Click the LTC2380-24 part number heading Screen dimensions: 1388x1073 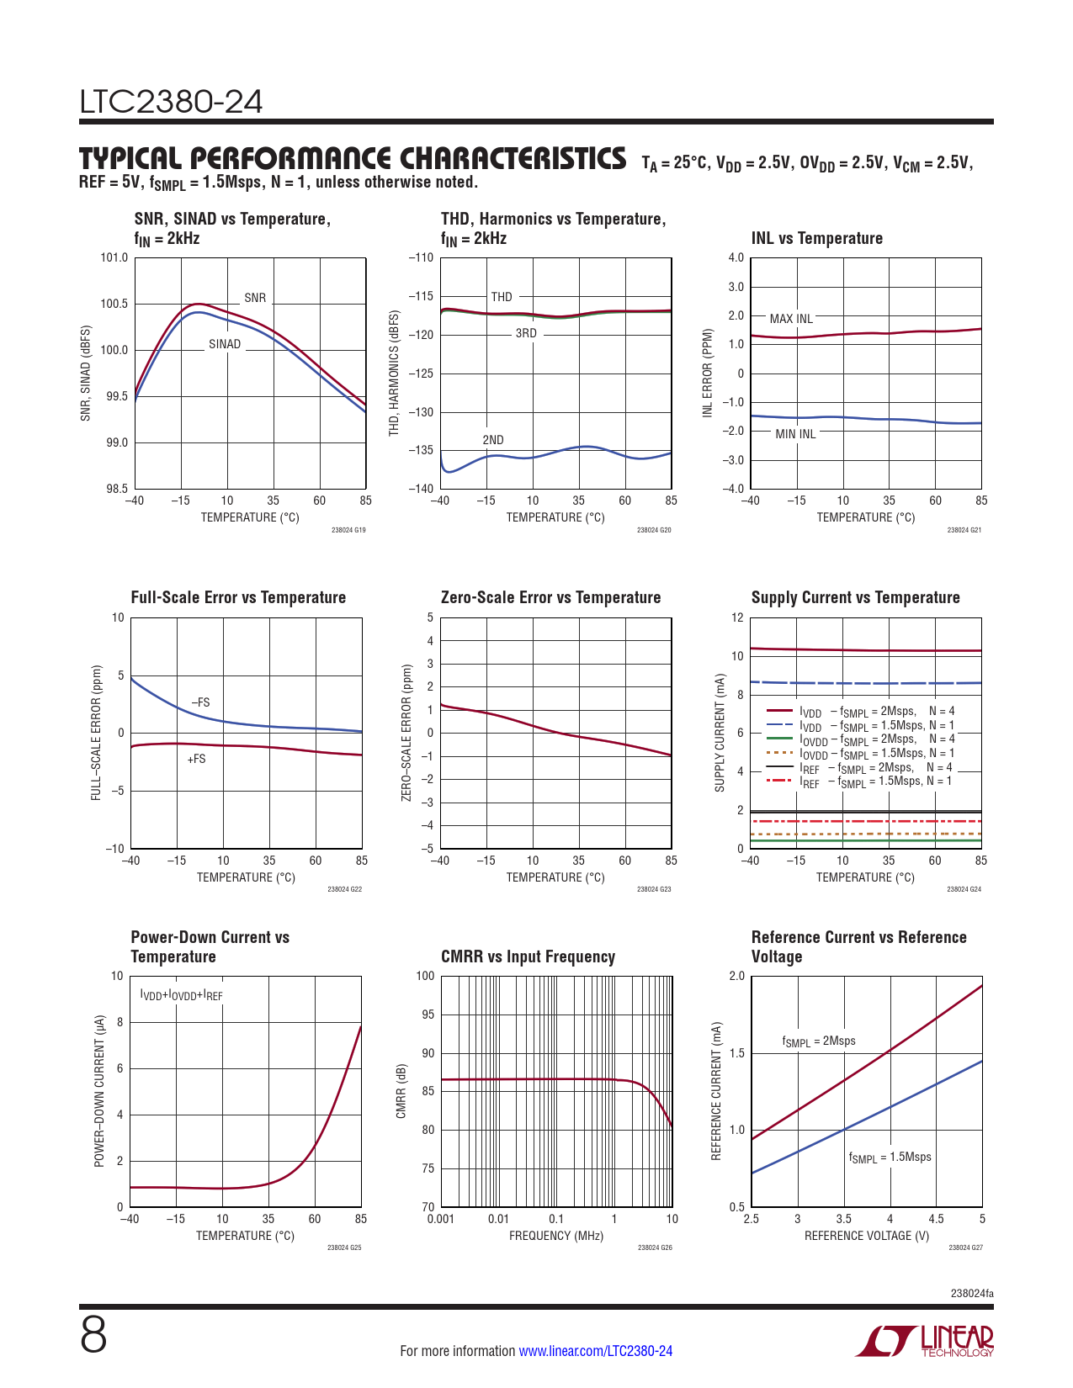[x=171, y=102]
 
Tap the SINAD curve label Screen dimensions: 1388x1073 [x=225, y=344]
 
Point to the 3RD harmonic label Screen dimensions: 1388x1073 [x=526, y=333]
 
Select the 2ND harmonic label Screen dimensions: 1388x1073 [x=493, y=440]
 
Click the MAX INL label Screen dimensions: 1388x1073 [x=791, y=319]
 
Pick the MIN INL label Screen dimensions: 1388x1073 [x=795, y=434]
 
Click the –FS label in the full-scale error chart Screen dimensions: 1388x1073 [x=200, y=702]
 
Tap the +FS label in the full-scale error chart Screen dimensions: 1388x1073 [x=196, y=759]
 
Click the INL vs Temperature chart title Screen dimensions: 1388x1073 [x=816, y=238]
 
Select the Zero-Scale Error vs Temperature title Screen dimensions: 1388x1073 [x=550, y=597]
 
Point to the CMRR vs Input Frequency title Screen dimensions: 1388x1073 [x=528, y=956]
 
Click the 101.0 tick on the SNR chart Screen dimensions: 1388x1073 [x=114, y=257]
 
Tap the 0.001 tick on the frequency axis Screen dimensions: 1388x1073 [x=440, y=1219]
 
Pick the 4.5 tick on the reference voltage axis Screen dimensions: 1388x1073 [x=936, y=1219]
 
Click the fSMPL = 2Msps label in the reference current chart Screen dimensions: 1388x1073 [x=818, y=1041]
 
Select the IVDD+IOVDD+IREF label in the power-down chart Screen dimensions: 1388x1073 [x=181, y=996]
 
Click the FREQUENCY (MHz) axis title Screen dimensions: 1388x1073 [x=556, y=1236]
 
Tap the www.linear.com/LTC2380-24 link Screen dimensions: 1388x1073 [x=595, y=1351]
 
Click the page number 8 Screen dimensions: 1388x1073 [x=93, y=1335]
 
